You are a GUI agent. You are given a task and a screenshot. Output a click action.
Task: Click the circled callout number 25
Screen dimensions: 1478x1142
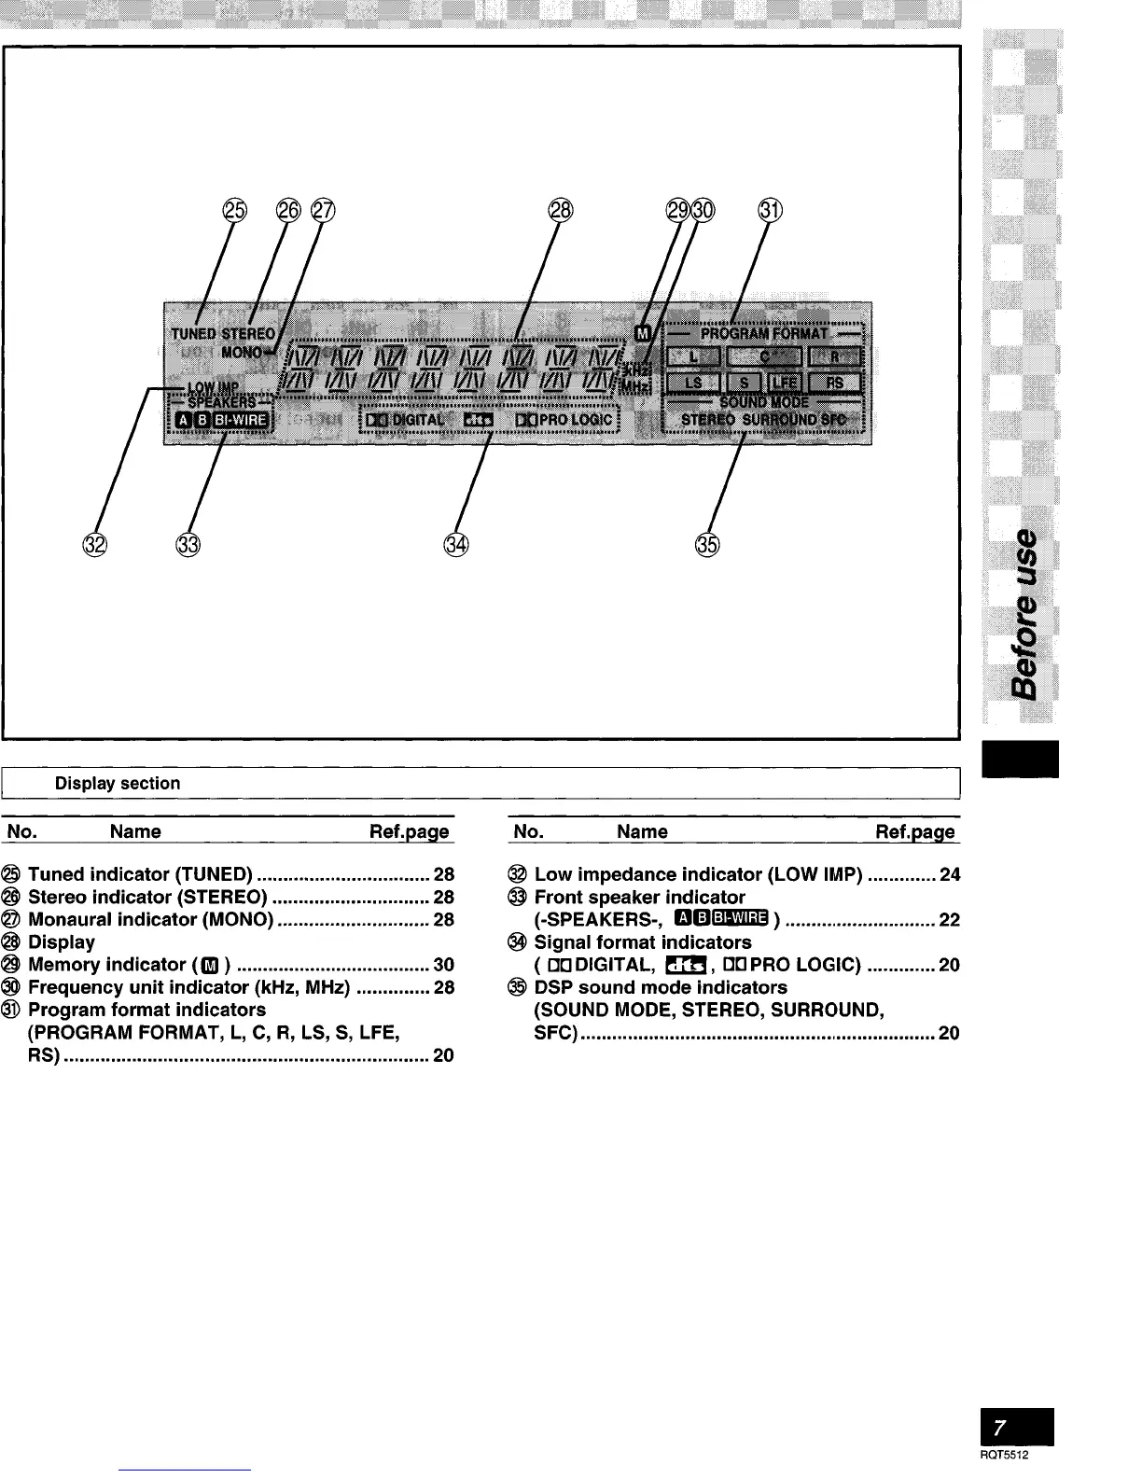pyautogui.click(x=234, y=212)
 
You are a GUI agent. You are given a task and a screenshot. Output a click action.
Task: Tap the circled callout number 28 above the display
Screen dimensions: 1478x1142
pyautogui.click(x=560, y=212)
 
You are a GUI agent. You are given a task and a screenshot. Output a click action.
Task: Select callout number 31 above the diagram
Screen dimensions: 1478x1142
pyautogui.click(x=770, y=212)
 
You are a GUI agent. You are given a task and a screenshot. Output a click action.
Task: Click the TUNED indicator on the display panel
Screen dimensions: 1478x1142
pyautogui.click(x=193, y=333)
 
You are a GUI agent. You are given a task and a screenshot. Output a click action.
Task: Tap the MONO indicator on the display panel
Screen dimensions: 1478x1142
pyautogui.click(x=242, y=353)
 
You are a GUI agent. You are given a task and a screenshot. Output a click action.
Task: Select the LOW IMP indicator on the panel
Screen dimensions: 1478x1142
pyautogui.click(x=214, y=386)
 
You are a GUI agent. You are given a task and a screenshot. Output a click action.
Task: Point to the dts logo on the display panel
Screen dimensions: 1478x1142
pyautogui.click(x=479, y=420)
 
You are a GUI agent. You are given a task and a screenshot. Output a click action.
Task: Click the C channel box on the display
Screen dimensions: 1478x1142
pyautogui.click(x=764, y=356)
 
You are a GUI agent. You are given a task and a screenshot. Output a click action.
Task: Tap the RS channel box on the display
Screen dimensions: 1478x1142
pyautogui.click(x=834, y=383)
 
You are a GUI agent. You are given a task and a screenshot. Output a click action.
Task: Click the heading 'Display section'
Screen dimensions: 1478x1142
pyautogui.click(x=118, y=783)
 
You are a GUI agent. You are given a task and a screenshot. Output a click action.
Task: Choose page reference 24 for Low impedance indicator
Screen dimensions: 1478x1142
pyautogui.click(x=950, y=874)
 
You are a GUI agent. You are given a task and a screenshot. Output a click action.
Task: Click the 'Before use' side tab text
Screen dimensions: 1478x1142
pyautogui.click(x=1024, y=612)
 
